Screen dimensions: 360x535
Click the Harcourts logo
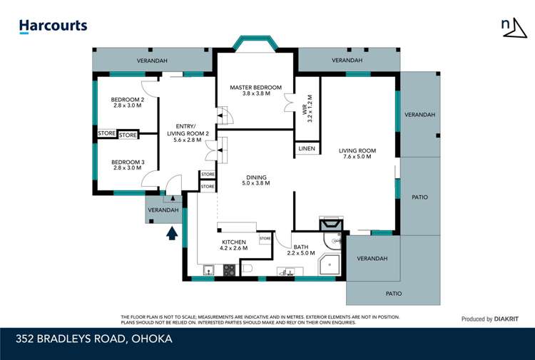click(53, 26)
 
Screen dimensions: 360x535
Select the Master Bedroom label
click(255, 91)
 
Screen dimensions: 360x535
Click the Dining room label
click(256, 181)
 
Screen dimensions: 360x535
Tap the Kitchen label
click(234, 245)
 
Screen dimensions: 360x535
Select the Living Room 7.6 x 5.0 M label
click(357, 155)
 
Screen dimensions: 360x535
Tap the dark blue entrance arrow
click(171, 233)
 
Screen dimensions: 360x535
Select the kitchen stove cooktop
click(230, 270)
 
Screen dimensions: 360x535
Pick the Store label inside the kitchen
click(264, 238)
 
